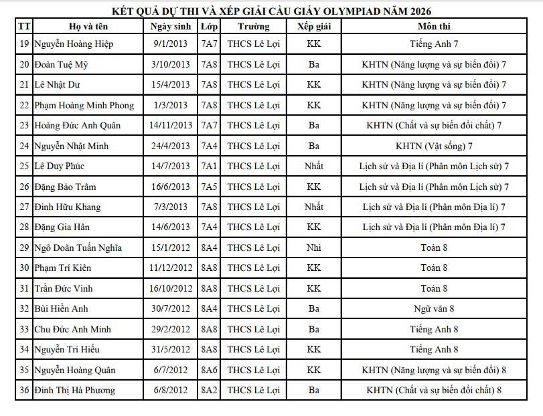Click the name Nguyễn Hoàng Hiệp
point(74,44)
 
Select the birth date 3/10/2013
point(171,65)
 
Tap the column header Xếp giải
point(313,27)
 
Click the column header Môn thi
point(434,27)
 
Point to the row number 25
point(24,167)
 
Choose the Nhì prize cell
point(313,248)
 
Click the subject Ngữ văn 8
point(434,309)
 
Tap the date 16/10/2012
point(171,289)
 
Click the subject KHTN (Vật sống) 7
point(434,146)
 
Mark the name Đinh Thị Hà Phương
point(74,391)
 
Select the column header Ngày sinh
point(171,27)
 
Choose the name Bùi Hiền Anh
point(62,309)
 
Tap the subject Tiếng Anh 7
point(434,44)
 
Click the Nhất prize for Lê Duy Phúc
point(313,167)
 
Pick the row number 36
point(24,391)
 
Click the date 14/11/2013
point(171,126)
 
